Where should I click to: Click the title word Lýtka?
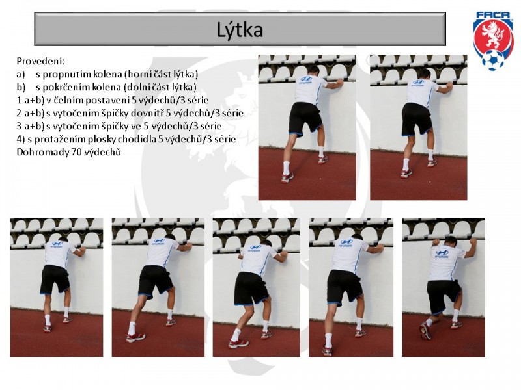240,29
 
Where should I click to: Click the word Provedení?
40,61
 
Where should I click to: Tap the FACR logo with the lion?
493,41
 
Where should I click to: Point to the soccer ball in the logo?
493,60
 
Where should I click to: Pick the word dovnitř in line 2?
147,113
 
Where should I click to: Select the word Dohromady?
41,152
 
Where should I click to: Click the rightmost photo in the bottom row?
444,287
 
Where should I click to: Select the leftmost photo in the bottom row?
57,287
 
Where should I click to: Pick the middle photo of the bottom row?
256,287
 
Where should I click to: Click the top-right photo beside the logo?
419,127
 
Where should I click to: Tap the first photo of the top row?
307,127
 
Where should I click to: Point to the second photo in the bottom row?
158,287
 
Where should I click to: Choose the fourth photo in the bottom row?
351,287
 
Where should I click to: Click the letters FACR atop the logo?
493,15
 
